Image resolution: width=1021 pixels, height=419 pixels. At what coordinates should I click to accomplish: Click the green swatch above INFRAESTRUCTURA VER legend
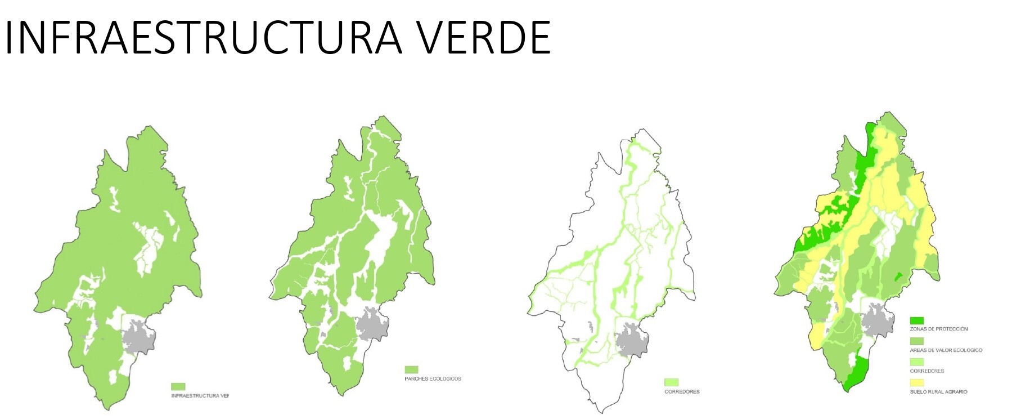tap(178, 387)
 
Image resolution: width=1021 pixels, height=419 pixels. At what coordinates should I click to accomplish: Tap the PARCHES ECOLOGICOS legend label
tap(433, 379)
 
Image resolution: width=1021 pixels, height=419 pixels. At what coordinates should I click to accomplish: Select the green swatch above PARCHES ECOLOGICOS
tap(411, 370)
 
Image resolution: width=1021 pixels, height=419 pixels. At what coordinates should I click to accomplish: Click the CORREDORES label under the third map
tap(682, 391)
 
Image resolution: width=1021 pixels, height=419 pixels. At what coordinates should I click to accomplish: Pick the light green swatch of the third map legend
tap(671, 382)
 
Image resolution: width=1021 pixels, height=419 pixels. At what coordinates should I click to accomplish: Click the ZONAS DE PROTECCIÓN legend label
tap(939, 329)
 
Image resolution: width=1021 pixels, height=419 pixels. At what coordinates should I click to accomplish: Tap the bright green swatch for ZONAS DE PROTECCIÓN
tap(917, 320)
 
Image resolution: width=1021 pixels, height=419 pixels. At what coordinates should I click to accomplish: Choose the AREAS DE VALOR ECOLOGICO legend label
tap(946, 350)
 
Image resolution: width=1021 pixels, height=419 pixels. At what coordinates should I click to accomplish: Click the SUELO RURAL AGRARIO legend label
tap(939, 391)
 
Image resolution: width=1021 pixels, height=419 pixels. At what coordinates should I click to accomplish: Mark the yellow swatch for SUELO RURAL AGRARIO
tap(917, 383)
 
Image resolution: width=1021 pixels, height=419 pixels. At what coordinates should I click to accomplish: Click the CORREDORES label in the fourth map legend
tap(927, 371)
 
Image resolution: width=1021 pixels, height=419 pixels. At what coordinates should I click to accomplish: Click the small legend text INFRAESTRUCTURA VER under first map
tap(200, 396)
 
